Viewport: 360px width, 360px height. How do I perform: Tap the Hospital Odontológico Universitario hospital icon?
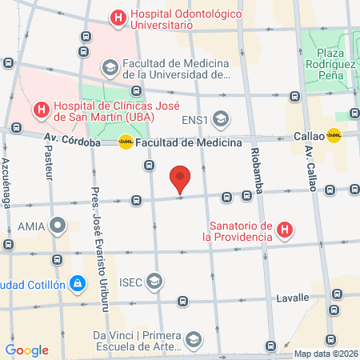pos(118,18)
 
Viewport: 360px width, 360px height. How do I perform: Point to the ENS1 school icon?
pos(220,121)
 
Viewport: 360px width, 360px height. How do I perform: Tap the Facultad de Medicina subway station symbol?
pos(126,142)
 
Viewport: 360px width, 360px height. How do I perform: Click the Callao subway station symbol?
pos(334,136)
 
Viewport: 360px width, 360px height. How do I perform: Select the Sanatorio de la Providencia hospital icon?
pos(284,232)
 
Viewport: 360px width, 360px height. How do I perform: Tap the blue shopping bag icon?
pos(76,283)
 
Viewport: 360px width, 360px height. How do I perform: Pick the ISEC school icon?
pos(154,282)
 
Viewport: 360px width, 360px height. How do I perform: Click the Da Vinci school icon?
pos(193,342)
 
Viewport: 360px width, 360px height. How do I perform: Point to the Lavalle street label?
pos(291,298)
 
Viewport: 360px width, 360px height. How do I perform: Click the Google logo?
pos(26,350)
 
